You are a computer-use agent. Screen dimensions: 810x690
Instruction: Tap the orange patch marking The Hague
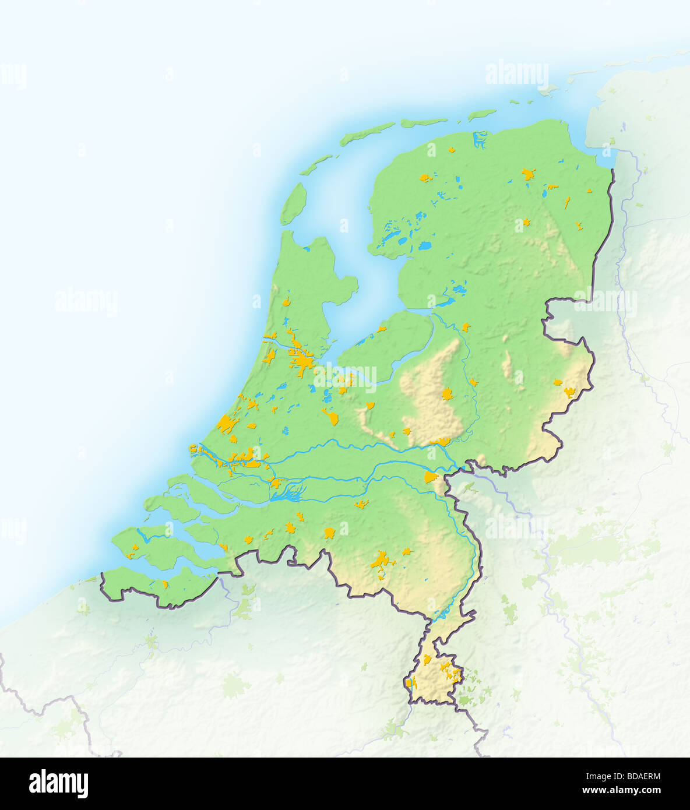(x=227, y=424)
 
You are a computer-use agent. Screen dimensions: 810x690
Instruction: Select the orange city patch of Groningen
(x=528, y=174)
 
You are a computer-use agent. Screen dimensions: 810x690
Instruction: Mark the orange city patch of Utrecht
(x=331, y=416)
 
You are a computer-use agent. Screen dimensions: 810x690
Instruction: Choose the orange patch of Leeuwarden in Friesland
(x=426, y=177)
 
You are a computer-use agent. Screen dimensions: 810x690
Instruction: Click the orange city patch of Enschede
(x=569, y=392)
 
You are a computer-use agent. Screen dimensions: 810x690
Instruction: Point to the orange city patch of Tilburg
(x=330, y=532)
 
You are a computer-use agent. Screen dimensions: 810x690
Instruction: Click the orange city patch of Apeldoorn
(x=447, y=395)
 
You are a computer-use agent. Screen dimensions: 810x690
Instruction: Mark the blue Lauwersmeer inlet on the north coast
(x=480, y=139)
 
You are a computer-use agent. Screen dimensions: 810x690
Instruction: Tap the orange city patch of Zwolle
(x=465, y=327)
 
